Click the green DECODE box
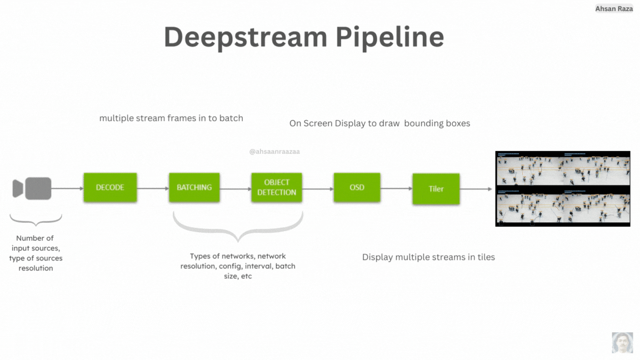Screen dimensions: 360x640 [x=110, y=187]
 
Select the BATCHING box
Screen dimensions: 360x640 [x=194, y=187]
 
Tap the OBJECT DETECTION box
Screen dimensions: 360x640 [x=276, y=187]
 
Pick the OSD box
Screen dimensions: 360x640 [x=357, y=187]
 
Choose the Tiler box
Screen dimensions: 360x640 [x=436, y=189]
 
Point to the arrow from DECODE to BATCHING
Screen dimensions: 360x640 [x=153, y=188]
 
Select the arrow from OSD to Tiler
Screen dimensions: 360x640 [x=396, y=188]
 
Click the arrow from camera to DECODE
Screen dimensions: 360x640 [x=67, y=188]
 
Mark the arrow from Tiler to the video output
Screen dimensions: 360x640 [x=477, y=189]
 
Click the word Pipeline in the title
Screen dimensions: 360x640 [x=389, y=37]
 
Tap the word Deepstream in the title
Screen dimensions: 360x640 [x=244, y=37]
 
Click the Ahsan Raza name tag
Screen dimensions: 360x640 [x=614, y=9]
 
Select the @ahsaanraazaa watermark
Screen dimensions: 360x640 [x=274, y=151]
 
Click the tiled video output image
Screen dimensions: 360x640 [x=563, y=188]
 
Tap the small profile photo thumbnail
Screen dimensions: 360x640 [x=622, y=342]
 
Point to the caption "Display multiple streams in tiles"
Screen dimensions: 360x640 [x=428, y=257]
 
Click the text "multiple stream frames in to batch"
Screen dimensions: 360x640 [x=171, y=118]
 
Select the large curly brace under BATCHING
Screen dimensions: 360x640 [x=238, y=228]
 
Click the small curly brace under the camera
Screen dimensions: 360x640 [x=36, y=221]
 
